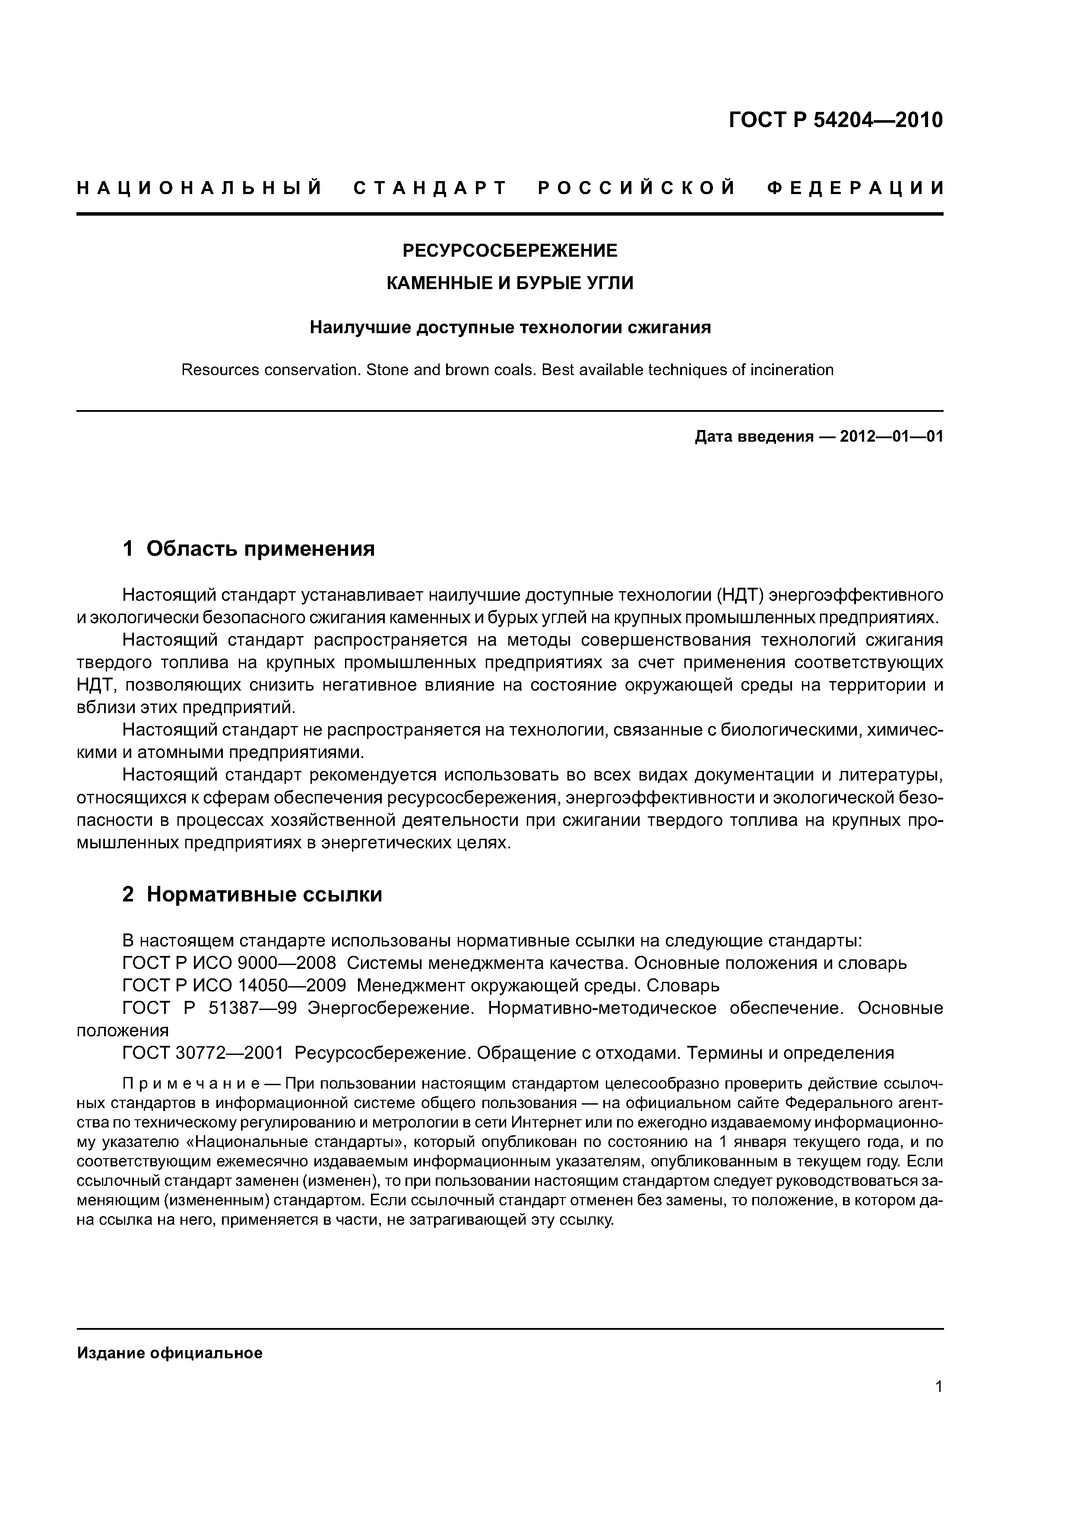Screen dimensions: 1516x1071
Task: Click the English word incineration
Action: (x=792, y=370)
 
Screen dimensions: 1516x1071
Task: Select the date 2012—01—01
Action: (x=891, y=436)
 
